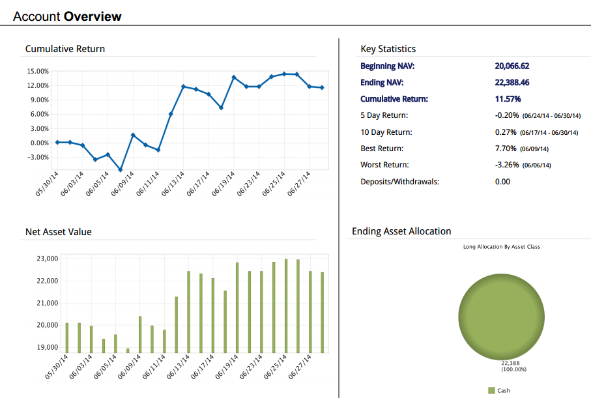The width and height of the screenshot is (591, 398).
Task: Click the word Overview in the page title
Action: pyautogui.click(x=93, y=16)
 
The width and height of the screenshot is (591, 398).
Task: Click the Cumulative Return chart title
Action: pyautogui.click(x=65, y=49)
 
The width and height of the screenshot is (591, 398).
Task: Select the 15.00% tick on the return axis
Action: pyautogui.click(x=38, y=71)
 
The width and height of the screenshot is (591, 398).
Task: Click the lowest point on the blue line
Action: pyautogui.click(x=121, y=170)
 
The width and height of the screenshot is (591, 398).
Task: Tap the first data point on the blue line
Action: pyautogui.click(x=57, y=142)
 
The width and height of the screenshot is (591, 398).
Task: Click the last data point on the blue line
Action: pyautogui.click(x=322, y=87)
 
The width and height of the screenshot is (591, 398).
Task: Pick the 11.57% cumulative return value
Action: pyautogui.click(x=508, y=99)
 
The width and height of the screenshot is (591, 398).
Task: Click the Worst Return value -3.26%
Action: pyautogui.click(x=507, y=165)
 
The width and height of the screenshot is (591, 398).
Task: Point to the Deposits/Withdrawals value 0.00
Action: pyautogui.click(x=502, y=181)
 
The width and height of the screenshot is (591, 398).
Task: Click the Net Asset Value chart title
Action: pyautogui.click(x=59, y=231)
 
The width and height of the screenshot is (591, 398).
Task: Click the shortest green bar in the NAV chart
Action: pyautogui.click(x=128, y=350)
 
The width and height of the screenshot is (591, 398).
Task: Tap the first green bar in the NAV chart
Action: pyautogui.click(x=66, y=337)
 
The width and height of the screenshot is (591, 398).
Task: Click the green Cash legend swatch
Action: pyautogui.click(x=491, y=390)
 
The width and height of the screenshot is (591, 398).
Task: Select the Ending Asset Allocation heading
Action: pyautogui.click(x=401, y=231)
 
